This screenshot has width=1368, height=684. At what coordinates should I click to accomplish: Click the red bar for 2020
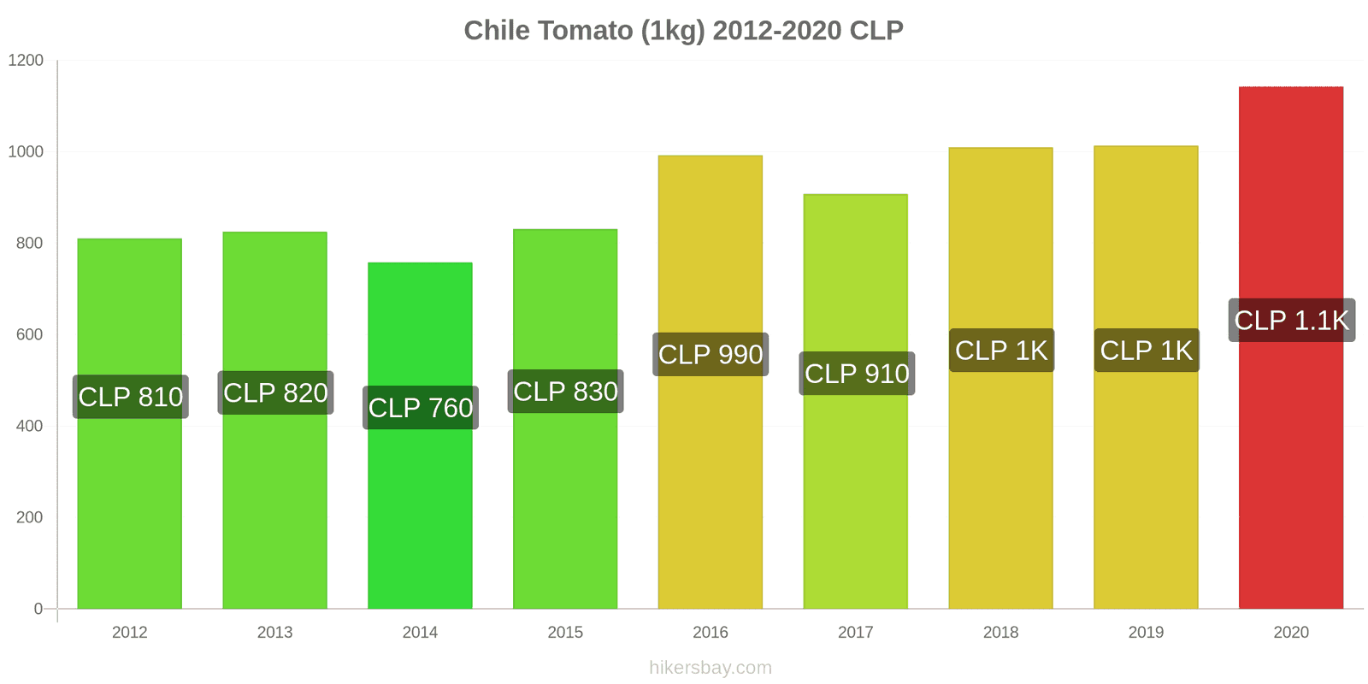[1291, 470]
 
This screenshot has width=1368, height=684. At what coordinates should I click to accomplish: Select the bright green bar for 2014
[420, 513]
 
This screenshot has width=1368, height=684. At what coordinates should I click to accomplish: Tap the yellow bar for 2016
[710, 479]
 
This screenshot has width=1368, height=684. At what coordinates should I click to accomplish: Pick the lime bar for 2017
[855, 496]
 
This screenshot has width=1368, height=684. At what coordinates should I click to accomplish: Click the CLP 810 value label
[130, 397]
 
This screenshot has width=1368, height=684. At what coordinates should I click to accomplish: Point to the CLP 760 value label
[420, 408]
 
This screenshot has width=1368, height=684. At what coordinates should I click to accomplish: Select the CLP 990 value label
[710, 354]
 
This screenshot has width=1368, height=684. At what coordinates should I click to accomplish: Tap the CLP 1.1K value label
[1291, 321]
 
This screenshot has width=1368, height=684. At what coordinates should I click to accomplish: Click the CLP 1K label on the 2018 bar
[1000, 351]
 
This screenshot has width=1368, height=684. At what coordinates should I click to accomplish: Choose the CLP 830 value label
[565, 392]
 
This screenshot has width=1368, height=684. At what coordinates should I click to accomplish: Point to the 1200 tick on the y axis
[26, 61]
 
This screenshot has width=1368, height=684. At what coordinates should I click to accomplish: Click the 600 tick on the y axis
[29, 335]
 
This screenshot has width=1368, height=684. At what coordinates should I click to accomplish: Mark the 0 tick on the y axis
[38, 609]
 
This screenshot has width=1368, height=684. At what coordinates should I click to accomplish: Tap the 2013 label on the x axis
[274, 633]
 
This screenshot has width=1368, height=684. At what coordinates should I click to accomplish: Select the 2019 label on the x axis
[1146, 633]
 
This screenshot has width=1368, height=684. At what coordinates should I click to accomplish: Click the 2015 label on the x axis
[565, 633]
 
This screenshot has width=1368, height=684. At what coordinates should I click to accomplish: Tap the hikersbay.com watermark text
[710, 668]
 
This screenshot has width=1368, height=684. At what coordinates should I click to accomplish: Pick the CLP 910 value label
[856, 374]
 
